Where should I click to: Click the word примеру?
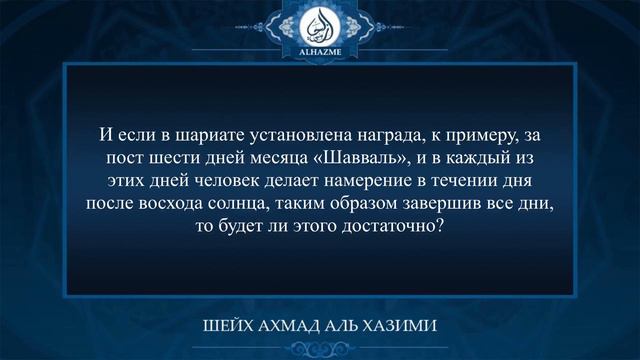click(x=473, y=136)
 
